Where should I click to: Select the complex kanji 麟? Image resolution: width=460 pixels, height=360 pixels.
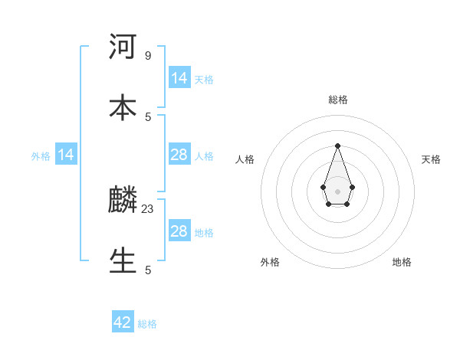click(x=123, y=201)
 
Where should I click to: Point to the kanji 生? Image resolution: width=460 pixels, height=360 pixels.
click(x=123, y=260)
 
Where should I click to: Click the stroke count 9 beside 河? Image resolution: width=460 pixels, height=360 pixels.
click(x=148, y=56)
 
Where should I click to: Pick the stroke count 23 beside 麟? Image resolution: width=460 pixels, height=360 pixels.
click(x=149, y=208)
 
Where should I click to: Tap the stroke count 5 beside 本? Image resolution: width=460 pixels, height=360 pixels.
click(x=148, y=116)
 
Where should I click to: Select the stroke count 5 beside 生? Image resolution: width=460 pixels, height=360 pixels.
click(x=148, y=270)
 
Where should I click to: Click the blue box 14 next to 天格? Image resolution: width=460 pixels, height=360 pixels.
click(x=179, y=77)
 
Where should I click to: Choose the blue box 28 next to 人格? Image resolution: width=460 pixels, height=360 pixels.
click(x=179, y=155)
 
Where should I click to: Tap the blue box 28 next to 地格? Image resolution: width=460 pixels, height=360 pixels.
click(x=179, y=231)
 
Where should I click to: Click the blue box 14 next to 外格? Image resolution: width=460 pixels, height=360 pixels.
click(x=66, y=155)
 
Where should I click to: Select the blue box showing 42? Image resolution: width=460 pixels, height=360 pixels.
click(x=123, y=322)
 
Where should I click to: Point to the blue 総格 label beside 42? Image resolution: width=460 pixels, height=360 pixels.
click(x=147, y=324)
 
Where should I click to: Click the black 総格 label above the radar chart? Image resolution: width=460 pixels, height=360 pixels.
click(x=338, y=100)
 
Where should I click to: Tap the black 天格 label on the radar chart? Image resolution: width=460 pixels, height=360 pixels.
click(x=431, y=159)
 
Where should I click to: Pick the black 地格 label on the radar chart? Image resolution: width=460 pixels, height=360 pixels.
click(x=402, y=262)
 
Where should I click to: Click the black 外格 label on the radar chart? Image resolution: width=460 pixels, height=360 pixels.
click(x=270, y=262)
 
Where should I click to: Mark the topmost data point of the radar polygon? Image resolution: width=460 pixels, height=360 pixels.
click(x=337, y=146)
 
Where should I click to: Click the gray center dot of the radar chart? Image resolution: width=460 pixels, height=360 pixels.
click(x=337, y=190)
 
